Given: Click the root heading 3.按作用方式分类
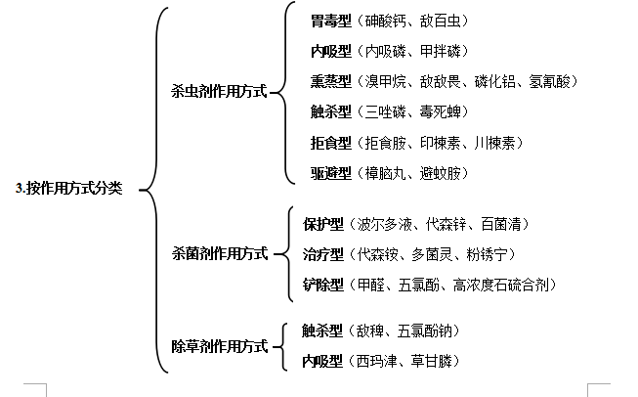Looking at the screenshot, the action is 68,188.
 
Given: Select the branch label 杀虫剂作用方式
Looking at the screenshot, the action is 219,91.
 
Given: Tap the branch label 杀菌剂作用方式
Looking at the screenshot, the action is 220,253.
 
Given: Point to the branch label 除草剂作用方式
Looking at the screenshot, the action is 220,346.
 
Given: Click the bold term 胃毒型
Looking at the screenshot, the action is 331,21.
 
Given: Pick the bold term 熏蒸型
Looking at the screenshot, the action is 331,81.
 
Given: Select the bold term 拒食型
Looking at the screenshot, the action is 331,143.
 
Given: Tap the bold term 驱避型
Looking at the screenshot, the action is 331,173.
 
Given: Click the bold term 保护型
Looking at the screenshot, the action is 323,224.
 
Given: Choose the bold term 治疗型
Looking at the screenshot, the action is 323,254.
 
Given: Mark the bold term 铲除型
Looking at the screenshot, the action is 323,285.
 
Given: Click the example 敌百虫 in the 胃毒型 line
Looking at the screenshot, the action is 441,21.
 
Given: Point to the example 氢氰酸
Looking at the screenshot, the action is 549,81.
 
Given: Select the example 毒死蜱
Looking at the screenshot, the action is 441,111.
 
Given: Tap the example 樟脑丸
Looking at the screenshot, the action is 385,173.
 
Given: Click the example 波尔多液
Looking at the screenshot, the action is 385,224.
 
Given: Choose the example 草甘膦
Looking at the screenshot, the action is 431,361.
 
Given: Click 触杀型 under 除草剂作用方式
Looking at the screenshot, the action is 322,331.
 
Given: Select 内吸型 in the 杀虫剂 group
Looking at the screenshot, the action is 331,51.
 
